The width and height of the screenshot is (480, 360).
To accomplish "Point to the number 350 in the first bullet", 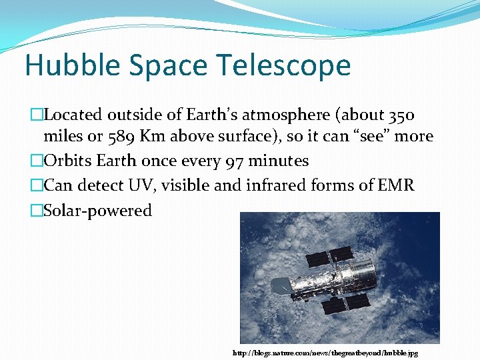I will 401,115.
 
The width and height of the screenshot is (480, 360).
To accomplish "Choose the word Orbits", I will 68,161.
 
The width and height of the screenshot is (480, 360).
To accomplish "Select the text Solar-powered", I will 97,211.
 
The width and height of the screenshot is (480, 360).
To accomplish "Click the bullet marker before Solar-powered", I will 37,211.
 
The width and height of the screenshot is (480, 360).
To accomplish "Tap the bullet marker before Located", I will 37,115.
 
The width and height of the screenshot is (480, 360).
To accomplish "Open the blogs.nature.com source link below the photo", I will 325,353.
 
